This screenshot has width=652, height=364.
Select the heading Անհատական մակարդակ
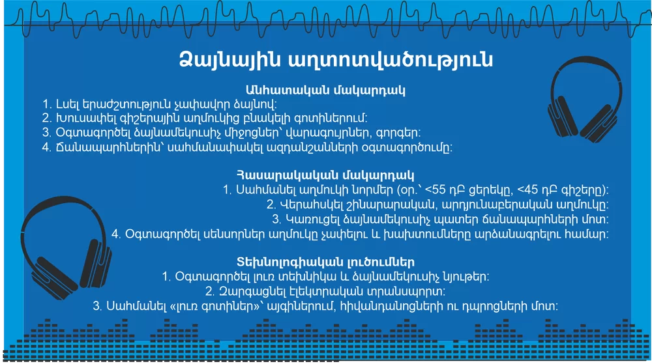click(325, 90)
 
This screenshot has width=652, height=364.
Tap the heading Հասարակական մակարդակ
click(325, 175)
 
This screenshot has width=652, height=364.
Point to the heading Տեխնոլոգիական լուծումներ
click(325, 262)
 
